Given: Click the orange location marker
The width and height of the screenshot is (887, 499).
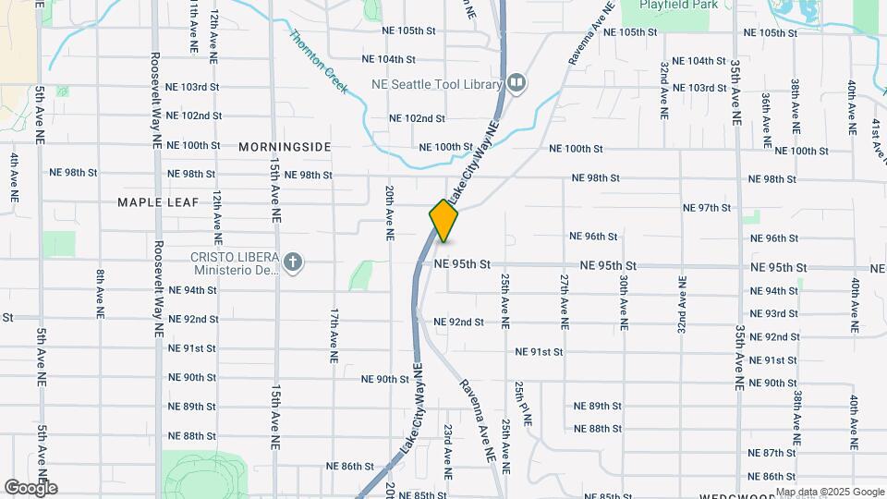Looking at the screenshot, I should pyautogui.click(x=443, y=221).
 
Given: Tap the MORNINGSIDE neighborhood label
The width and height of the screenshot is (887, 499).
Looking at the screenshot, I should pyautogui.click(x=285, y=147).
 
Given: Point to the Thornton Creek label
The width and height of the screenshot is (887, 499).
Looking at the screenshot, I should pyautogui.click(x=319, y=61).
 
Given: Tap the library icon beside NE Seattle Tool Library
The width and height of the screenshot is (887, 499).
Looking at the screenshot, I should pyautogui.click(x=516, y=84).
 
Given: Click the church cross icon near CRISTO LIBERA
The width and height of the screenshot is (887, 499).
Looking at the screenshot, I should pyautogui.click(x=293, y=263).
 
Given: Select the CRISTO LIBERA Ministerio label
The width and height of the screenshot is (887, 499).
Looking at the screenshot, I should pyautogui.click(x=235, y=263).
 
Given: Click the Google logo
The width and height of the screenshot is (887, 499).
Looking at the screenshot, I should pyautogui.click(x=30, y=488).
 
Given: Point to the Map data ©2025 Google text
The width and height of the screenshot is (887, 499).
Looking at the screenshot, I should pyautogui.click(x=830, y=492).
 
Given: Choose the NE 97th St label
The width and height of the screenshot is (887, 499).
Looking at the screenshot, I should pyautogui.click(x=706, y=208).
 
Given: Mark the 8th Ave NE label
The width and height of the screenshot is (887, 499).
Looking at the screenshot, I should pyautogui.click(x=99, y=293).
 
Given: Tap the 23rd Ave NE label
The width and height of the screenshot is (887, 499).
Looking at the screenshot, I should pyautogui.click(x=447, y=450).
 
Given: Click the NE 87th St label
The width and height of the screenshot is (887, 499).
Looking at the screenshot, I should pyautogui.click(x=772, y=453).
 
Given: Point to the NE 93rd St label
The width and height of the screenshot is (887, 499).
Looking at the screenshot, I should pyautogui.click(x=774, y=314).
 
